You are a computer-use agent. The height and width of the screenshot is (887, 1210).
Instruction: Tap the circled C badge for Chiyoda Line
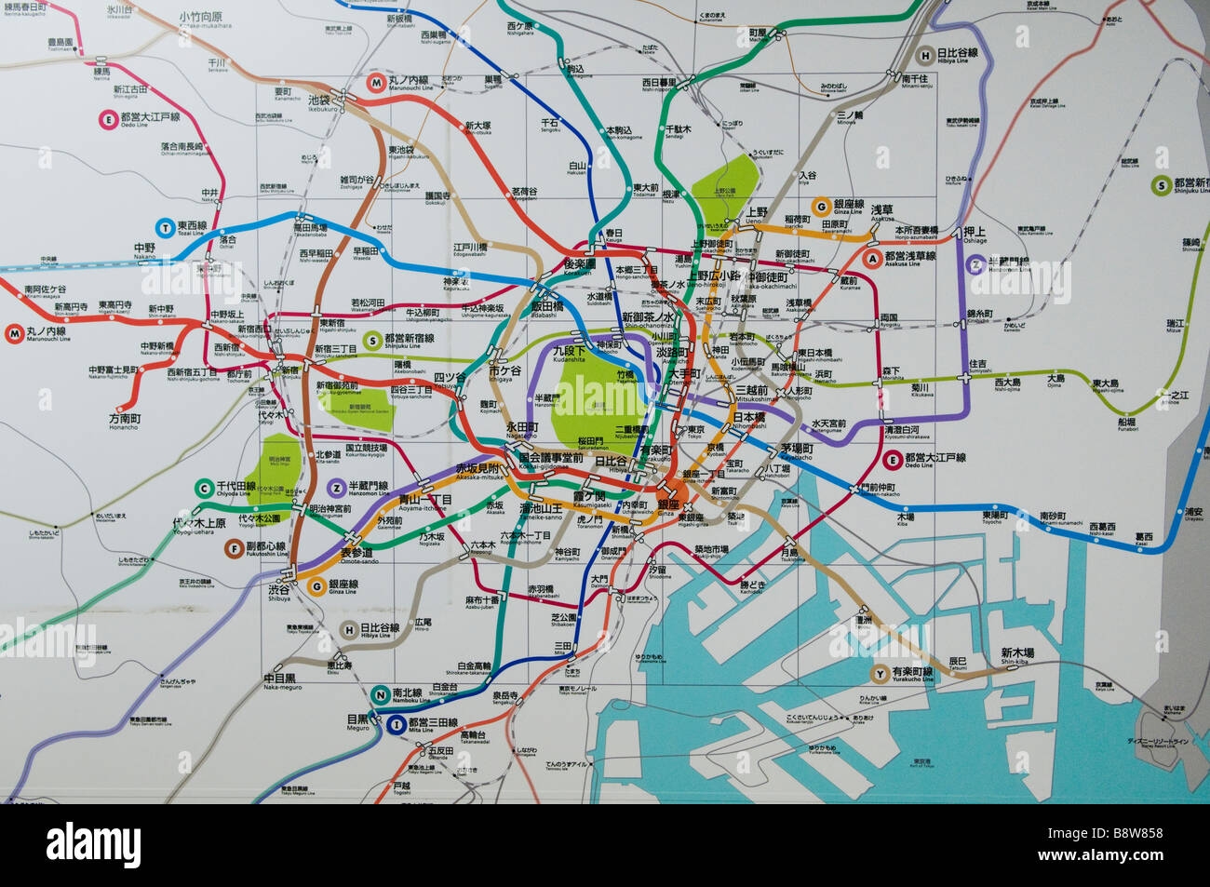tap(204, 488)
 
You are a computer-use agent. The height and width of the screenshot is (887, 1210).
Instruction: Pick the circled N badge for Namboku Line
tap(380, 693)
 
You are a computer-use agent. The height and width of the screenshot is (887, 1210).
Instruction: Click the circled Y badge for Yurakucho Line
tap(879, 673)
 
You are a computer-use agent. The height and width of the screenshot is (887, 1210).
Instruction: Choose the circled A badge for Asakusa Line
tap(872, 257)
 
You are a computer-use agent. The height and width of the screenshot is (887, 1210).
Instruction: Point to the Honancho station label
tap(123, 420)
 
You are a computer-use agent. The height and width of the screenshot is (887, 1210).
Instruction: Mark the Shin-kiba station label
tap(1017, 653)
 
